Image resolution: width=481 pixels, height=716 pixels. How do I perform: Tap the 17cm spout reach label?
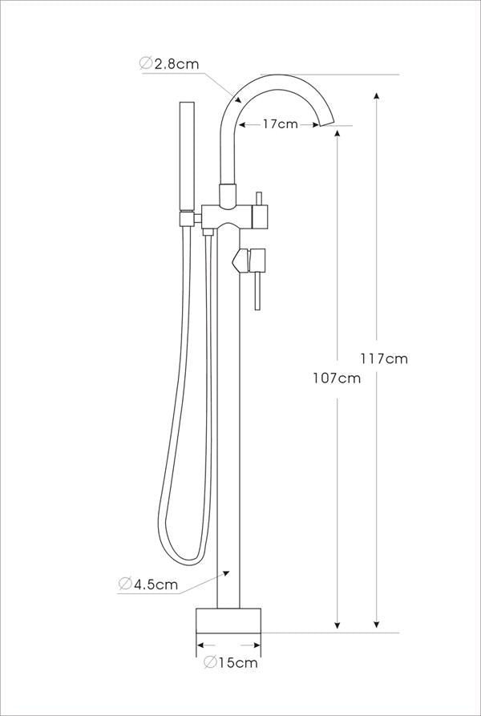[x=280, y=124]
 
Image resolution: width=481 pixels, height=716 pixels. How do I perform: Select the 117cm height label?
[x=385, y=358]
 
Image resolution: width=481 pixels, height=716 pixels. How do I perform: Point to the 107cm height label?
[x=337, y=378]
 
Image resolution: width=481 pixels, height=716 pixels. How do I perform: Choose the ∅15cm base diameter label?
[x=230, y=662]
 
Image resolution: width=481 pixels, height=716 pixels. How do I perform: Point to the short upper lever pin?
[x=258, y=198]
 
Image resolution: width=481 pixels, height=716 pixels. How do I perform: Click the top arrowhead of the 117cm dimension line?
[x=377, y=97]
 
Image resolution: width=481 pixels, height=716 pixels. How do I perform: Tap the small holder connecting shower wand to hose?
[x=187, y=217]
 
